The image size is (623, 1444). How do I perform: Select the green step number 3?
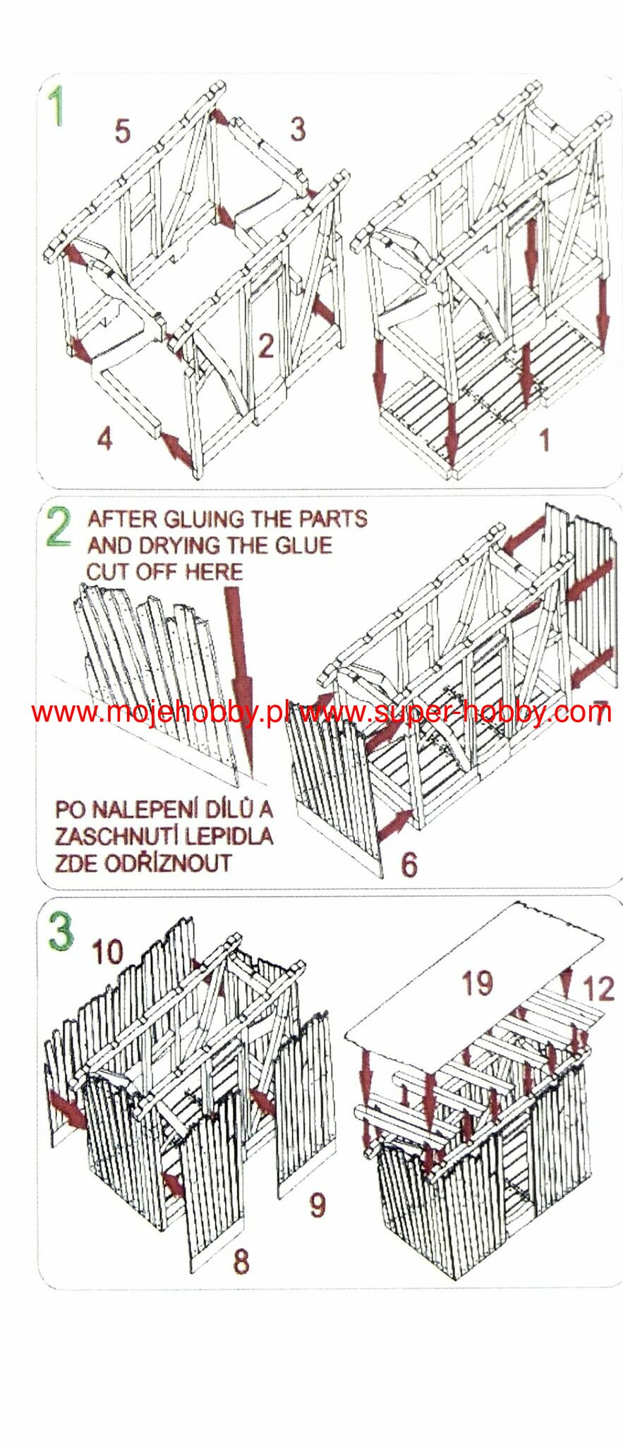click(60, 930)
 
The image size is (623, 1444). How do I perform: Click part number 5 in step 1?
click(122, 131)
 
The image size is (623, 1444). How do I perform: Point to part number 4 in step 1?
click(104, 439)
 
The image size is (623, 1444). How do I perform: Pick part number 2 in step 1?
click(265, 346)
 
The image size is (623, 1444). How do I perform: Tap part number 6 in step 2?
click(409, 864)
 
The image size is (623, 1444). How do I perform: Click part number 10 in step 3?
click(107, 952)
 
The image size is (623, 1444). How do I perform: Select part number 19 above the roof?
click(477, 983)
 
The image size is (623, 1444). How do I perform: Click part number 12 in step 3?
click(598, 988)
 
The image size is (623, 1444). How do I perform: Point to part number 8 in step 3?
click(241, 1261)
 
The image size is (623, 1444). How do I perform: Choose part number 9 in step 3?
click(317, 1205)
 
